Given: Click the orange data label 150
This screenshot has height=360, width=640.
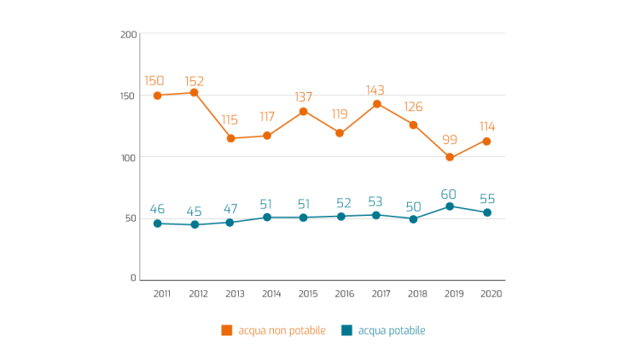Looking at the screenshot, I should [154, 81].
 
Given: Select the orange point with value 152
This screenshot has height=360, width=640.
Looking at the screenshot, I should [194, 92].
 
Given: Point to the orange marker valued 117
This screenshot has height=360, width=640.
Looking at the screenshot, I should [267, 136].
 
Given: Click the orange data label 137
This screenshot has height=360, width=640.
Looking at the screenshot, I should [303, 96].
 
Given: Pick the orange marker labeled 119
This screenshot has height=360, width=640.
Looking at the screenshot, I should [340, 133].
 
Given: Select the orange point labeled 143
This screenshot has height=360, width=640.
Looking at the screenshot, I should [376, 103].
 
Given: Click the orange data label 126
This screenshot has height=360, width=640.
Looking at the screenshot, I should [413, 107].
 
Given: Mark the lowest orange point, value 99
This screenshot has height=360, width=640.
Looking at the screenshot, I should [450, 158].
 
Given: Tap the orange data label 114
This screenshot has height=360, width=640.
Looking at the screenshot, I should [486, 126].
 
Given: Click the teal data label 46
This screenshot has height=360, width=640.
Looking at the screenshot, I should [157, 209].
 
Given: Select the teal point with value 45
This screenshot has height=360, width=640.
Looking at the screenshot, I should [195, 224].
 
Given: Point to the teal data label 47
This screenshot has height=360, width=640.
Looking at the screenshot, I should [230, 209].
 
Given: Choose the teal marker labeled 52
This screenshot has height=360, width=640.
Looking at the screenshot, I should [340, 217].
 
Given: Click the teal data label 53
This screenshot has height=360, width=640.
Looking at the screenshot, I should [375, 202].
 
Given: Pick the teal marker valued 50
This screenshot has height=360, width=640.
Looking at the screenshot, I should [413, 219].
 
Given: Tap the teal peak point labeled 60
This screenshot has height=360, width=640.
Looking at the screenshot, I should [450, 206].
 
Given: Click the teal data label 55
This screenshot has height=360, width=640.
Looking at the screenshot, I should [486, 199].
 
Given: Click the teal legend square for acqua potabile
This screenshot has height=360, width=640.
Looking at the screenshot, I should [346, 330].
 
